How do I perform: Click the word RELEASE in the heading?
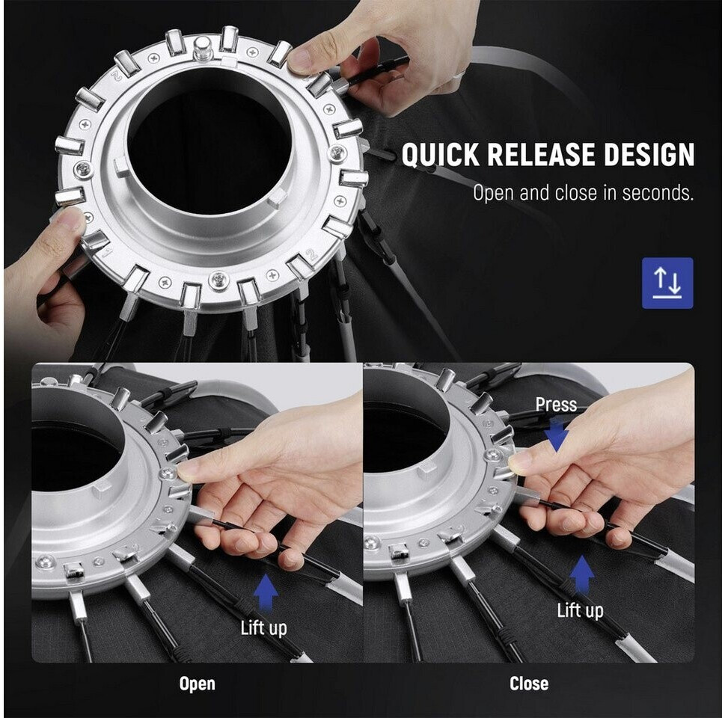click(x=542, y=154)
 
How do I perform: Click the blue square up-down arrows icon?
click(x=667, y=283)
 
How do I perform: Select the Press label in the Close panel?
click(x=556, y=405)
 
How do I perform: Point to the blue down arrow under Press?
click(x=556, y=435)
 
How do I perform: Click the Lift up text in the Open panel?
click(x=263, y=628)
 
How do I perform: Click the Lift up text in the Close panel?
click(x=580, y=611)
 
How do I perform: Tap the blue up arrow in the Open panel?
click(x=266, y=592)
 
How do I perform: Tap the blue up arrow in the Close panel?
click(x=581, y=574)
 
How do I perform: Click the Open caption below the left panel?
click(x=197, y=684)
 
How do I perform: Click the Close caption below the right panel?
click(x=529, y=684)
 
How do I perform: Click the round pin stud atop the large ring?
click(x=203, y=49)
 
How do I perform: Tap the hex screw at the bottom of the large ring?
click(x=218, y=280)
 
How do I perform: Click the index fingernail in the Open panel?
click(x=184, y=472)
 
